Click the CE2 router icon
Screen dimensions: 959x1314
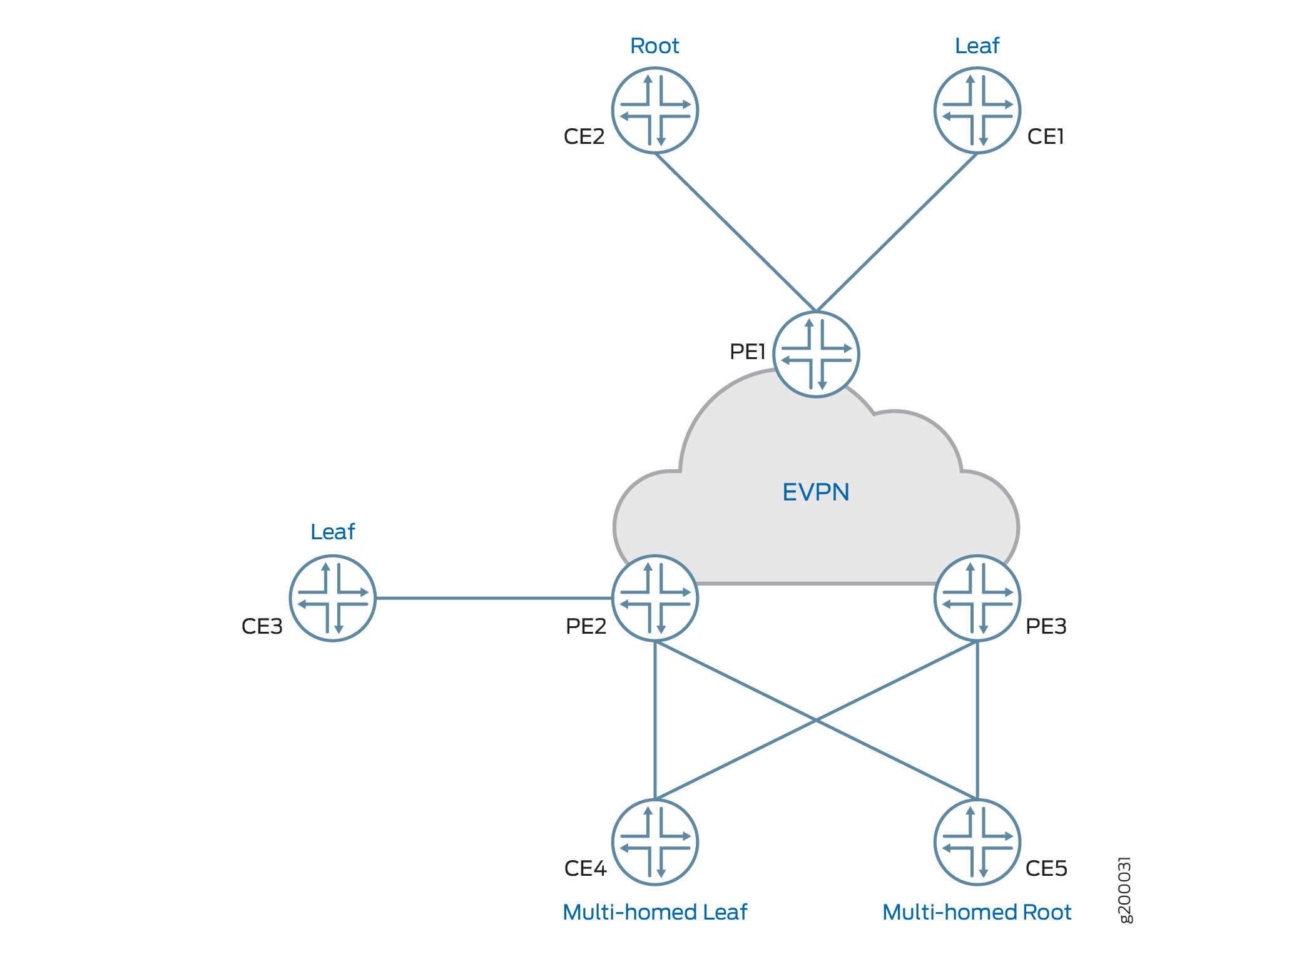point(654,111)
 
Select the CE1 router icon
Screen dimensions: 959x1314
point(977,111)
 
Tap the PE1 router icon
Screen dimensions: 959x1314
point(816,354)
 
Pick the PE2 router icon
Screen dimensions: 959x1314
point(654,598)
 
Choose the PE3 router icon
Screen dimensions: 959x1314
point(977,598)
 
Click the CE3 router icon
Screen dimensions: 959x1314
point(332,598)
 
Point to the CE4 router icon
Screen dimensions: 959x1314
point(654,842)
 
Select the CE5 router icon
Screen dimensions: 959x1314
point(977,842)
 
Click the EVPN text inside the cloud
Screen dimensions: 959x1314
point(816,492)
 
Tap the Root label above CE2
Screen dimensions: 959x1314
point(654,46)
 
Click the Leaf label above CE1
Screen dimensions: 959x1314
point(977,46)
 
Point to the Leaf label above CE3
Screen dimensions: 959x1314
point(332,532)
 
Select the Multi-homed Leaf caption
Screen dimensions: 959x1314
point(654,912)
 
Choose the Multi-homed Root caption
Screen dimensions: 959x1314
point(977,912)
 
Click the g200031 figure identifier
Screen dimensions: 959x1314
point(1124,890)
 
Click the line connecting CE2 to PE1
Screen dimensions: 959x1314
point(735,232)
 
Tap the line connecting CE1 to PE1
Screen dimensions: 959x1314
point(897,232)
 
